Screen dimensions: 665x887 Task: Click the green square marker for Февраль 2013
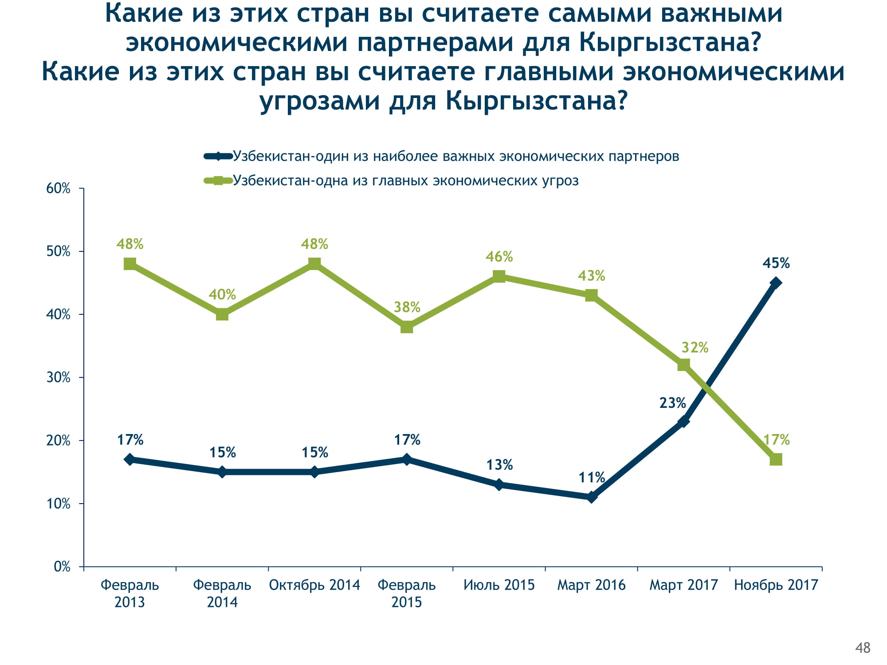130,264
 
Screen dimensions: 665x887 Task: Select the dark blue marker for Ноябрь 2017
776,283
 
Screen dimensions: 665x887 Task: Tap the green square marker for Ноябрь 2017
776,459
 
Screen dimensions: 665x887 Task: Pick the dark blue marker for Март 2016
591,497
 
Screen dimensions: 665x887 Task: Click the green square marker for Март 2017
683,365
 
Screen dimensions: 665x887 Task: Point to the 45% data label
776,263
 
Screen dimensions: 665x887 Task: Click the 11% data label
592,477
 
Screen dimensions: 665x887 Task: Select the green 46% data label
499,257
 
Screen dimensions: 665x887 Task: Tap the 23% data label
672,403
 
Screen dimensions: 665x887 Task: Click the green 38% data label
407,307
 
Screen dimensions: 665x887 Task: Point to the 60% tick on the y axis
59,188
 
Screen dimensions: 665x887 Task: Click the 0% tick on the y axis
62,567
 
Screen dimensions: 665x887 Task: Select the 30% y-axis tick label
59,378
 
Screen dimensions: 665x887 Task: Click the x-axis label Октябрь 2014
314,585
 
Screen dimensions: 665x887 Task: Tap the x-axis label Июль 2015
499,585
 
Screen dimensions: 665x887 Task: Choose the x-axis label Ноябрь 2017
776,585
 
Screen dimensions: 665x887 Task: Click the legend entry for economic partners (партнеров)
455,156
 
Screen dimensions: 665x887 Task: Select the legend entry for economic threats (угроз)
405,180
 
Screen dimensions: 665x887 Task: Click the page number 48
863,648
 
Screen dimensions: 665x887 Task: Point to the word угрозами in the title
320,101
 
